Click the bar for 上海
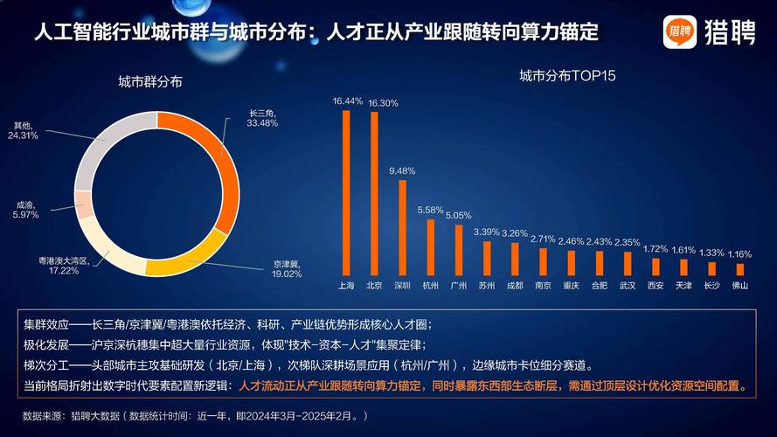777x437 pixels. click(346, 192)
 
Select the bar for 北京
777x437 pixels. click(374, 193)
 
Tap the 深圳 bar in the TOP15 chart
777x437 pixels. click(402, 227)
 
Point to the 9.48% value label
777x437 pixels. click(402, 170)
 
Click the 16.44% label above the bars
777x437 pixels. click(347, 101)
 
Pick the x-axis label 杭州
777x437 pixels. click(430, 286)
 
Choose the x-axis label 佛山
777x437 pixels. click(740, 286)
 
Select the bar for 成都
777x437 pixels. click(515, 259)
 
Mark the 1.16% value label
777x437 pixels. click(740, 254)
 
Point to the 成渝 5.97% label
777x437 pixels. click(27, 210)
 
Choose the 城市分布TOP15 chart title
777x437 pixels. click(568, 76)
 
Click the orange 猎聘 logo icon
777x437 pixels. click(679, 32)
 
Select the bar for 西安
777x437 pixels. click(656, 266)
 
